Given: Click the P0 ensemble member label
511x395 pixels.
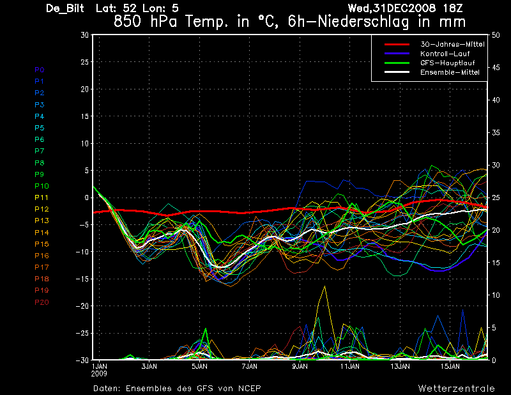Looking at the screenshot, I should coord(40,70).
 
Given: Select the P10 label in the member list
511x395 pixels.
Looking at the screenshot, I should coord(42,186).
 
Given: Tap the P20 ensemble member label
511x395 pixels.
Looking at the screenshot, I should coord(42,302).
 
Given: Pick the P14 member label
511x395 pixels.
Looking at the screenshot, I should coord(42,233).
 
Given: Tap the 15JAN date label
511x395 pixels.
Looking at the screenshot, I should coord(451,368).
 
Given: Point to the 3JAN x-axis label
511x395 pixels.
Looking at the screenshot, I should coord(149,368).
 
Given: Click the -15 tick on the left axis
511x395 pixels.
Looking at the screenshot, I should coord(84,279).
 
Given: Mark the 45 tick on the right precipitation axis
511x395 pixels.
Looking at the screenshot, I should coord(494,68).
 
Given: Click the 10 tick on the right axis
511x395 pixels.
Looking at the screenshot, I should coord(494,295).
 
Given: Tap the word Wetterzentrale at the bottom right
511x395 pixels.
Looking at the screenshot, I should coord(456,388).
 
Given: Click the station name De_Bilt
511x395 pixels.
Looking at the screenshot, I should coord(66,9).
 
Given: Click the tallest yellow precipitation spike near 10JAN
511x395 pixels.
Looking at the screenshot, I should coord(325,287).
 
